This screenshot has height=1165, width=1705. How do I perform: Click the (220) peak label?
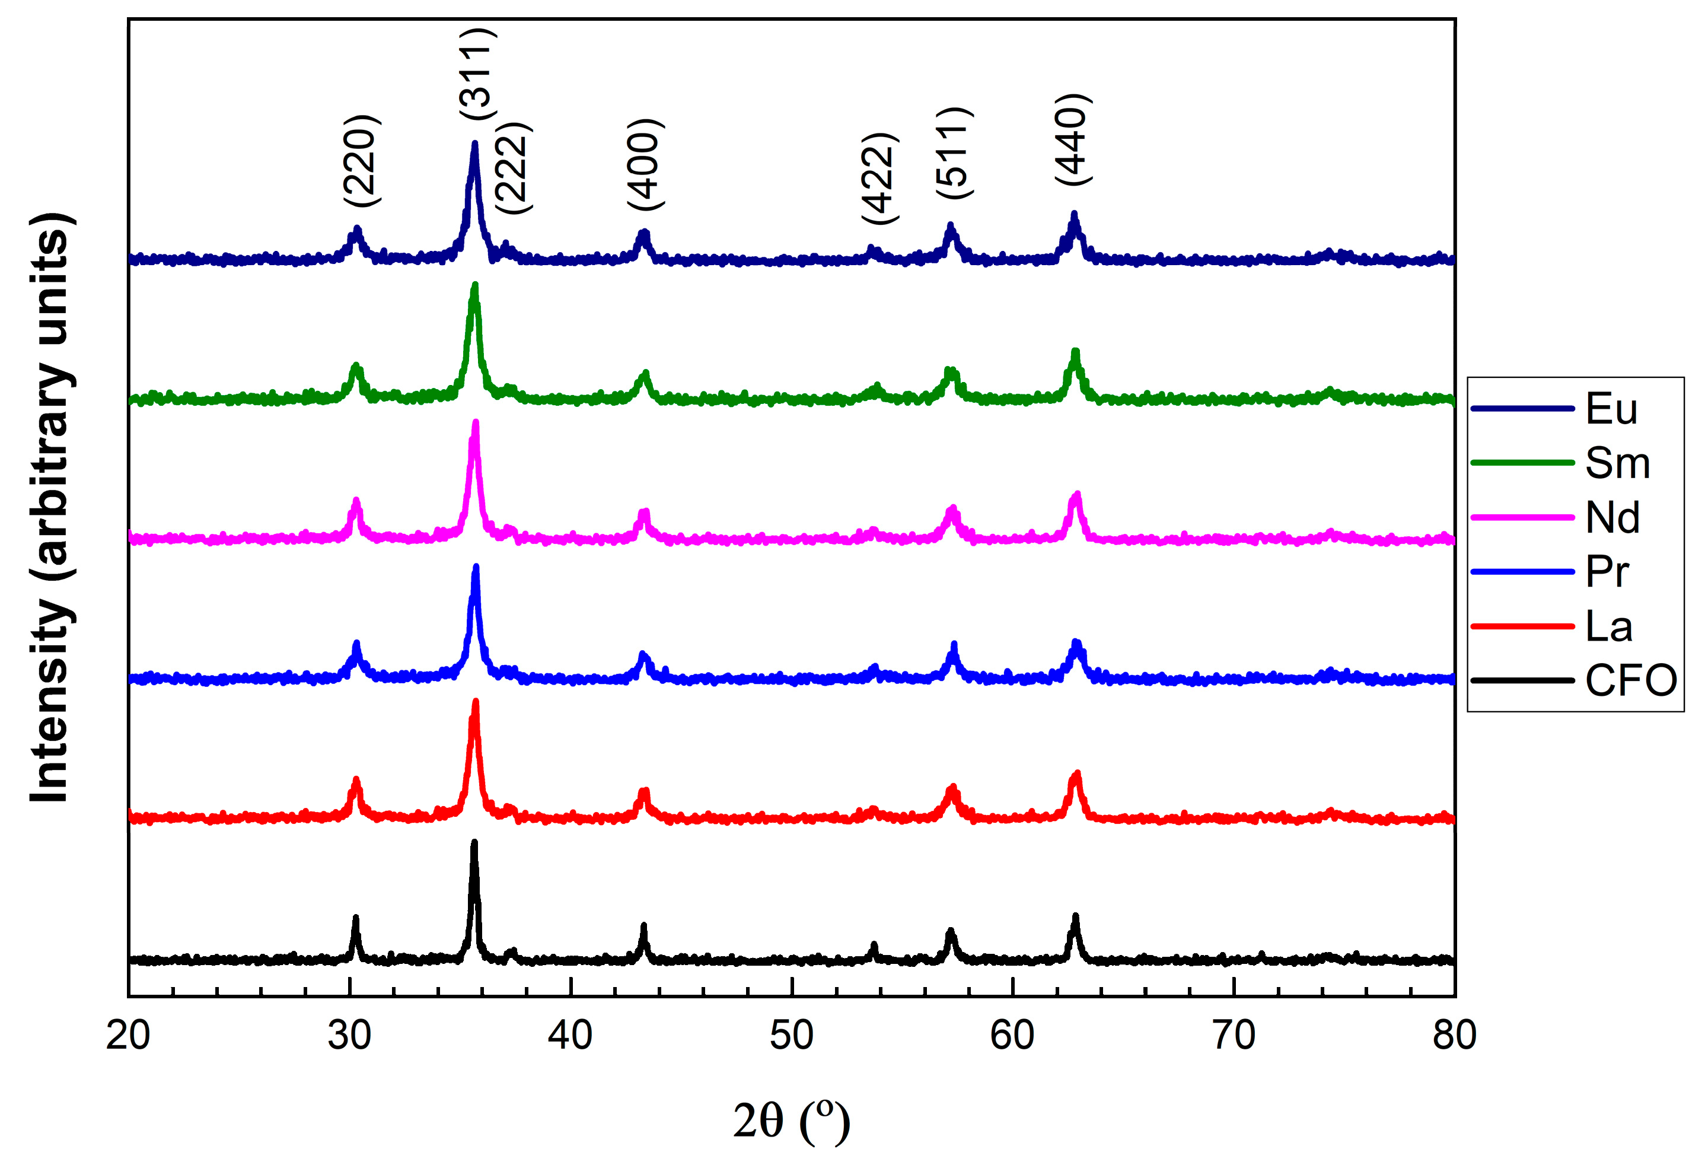pos(362,161)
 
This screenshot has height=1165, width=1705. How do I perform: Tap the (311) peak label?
pos(477,74)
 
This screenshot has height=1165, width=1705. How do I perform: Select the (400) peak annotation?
pos(646,164)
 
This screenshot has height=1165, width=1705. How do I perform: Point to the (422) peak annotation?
pos(879,179)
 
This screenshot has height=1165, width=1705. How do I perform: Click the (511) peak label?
pos(954,152)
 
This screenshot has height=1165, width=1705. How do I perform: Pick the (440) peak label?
pos(1073,139)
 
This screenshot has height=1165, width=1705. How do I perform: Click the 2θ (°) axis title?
pos(792,1122)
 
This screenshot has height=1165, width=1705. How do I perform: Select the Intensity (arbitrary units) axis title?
pos(52,508)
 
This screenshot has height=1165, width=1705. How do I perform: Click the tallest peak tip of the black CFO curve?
pos(474,843)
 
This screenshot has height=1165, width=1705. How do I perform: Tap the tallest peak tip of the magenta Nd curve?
pos(476,422)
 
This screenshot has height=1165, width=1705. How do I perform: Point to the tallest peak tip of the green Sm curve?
pos(474,285)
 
